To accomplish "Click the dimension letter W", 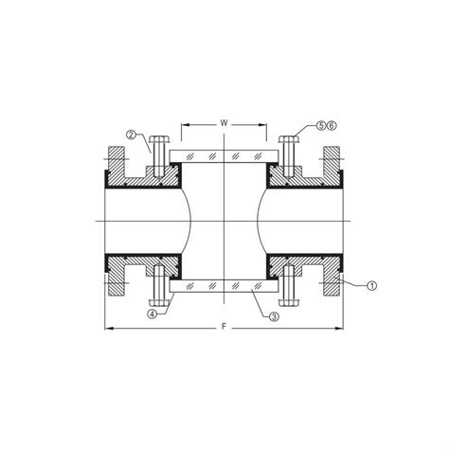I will pos(224,122).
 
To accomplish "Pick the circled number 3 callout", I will pos(273,315).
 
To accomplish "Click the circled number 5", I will pos(321,125).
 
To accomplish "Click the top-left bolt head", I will pos(158,140).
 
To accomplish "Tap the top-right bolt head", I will pos(291,140).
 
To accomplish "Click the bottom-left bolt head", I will pos(158,300).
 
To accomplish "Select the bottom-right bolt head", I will pos(291,300).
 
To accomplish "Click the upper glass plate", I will pos(224,154).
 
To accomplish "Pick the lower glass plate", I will pos(224,285).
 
